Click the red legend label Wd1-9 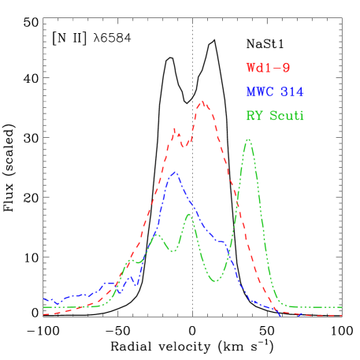tap(262, 69)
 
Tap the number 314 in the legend tap(291, 92)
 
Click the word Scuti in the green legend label tap(287, 116)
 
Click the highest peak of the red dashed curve tap(203, 101)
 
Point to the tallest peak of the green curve tap(248, 139)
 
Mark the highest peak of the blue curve tap(174, 172)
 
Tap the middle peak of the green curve tap(189, 213)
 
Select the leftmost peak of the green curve tap(158, 234)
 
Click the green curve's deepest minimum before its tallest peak tap(215, 281)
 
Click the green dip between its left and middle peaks tap(171, 251)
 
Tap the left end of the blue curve tap(44, 299)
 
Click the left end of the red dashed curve tap(44, 314)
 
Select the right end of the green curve tap(341, 307)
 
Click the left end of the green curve tap(44, 307)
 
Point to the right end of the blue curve tap(281, 314)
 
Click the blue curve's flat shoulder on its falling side tap(221, 241)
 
